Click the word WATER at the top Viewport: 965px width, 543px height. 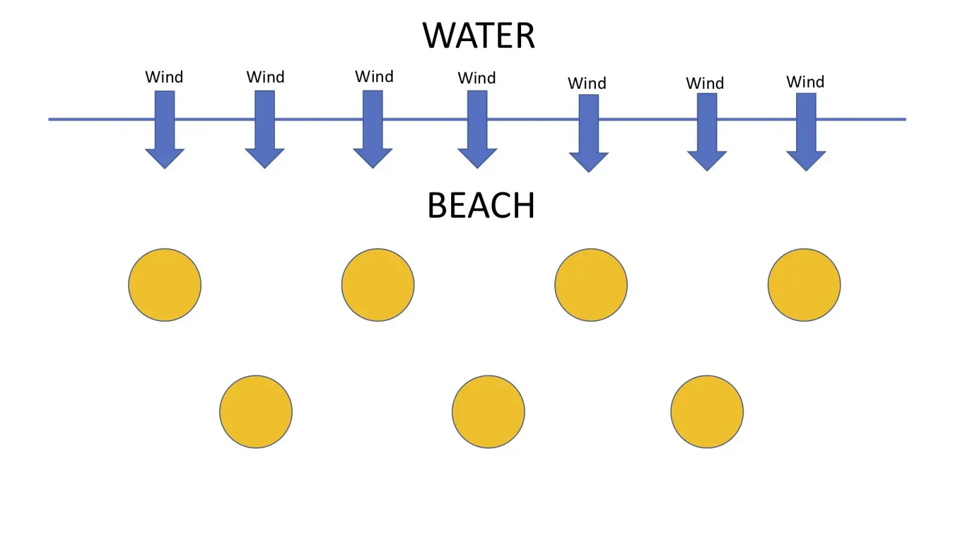click(x=478, y=36)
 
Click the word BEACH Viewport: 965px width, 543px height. click(x=481, y=206)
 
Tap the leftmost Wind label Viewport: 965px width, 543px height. click(x=164, y=77)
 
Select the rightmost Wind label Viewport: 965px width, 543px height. click(x=805, y=82)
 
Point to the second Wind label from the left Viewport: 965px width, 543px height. click(x=265, y=77)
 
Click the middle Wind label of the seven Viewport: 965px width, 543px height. click(x=476, y=78)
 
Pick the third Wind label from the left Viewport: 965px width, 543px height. click(x=374, y=77)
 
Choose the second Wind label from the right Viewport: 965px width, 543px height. click(x=704, y=83)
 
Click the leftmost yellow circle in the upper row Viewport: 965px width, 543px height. click(x=165, y=285)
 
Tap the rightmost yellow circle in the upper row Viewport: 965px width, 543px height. click(x=804, y=285)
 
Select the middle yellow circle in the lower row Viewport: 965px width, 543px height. click(x=488, y=412)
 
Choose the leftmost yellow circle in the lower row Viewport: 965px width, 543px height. click(x=256, y=412)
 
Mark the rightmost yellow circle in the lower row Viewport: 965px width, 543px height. click(x=707, y=412)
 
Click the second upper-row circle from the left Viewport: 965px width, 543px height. click(x=378, y=285)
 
